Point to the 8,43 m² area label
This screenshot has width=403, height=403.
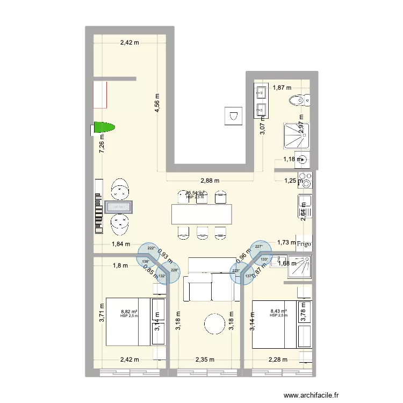coord(278,311)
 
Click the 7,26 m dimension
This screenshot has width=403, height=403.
coord(100,144)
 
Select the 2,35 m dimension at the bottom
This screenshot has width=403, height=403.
coord(205,359)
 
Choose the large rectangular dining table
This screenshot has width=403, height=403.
coord(202,214)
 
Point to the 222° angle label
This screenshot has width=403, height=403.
coord(152,248)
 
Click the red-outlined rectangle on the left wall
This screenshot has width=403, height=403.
coord(100,95)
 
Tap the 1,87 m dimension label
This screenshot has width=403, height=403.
coord(281,88)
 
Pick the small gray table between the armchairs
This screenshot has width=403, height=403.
coord(119,206)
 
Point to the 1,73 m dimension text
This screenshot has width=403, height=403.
coord(286,243)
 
